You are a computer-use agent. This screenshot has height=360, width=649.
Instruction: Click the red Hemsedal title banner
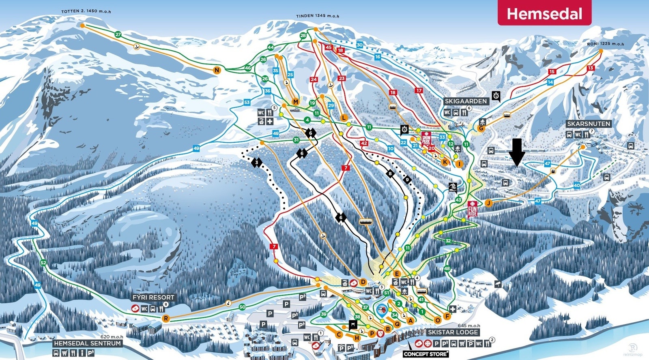coord(544,14)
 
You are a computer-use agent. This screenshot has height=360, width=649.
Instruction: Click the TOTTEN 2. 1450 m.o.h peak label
coord(86,11)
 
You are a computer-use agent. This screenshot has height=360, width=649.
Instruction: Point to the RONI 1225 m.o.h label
coord(606,44)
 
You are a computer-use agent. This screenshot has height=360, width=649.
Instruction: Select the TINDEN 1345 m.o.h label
coord(317,16)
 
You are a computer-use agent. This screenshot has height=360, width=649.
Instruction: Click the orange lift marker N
coord(217,71)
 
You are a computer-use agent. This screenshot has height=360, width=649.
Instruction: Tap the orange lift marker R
coord(165,319)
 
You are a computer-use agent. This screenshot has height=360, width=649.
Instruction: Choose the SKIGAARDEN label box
coord(465,101)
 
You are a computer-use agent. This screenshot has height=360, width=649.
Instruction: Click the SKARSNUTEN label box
coord(589,124)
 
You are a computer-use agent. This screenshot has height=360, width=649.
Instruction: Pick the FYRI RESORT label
coord(153,297)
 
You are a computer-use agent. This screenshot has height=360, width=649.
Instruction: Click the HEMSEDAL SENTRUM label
coord(88,343)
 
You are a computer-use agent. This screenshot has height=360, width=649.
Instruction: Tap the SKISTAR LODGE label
coord(453,332)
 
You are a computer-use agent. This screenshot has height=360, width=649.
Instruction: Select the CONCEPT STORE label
coord(426,354)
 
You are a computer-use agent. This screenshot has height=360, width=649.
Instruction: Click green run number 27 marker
coord(118,34)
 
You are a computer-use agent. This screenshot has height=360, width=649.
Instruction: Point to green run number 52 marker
coord(43,263)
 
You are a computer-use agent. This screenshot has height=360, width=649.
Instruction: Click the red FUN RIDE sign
coord(472,209)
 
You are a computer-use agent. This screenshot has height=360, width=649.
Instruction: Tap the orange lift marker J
coord(489,203)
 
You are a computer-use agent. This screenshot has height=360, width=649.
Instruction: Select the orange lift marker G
coord(481,129)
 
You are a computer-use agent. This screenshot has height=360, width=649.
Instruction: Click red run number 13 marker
coord(591,68)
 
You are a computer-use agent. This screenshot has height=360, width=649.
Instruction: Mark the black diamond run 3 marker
coord(257,163)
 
